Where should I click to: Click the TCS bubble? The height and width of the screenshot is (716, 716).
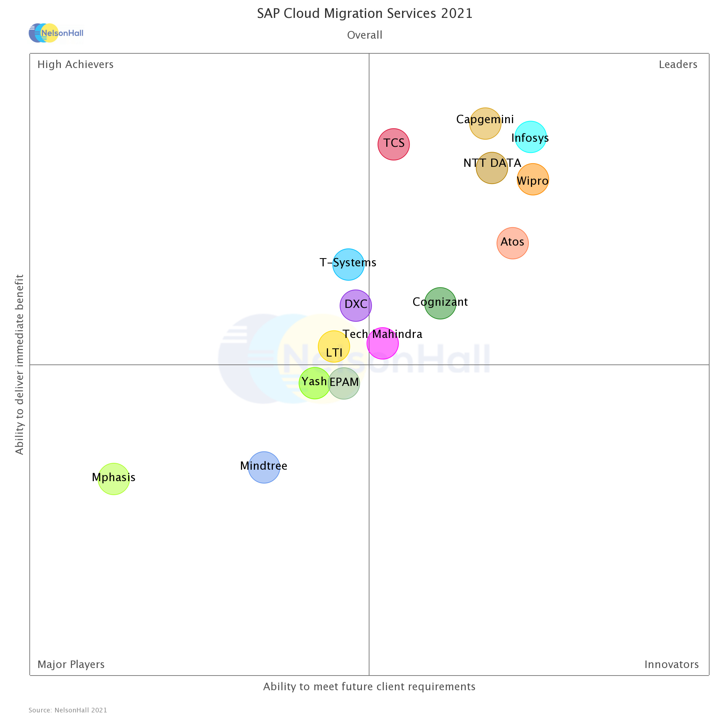[393, 145]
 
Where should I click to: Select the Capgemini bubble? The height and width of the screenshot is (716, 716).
[485, 124]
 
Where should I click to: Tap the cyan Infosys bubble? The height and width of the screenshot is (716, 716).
[531, 137]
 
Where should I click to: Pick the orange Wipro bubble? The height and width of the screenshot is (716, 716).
[533, 180]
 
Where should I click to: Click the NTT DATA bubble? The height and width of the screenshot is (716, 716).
[492, 168]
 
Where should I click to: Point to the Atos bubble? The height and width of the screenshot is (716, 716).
[513, 243]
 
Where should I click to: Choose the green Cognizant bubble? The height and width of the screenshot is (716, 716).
[440, 304]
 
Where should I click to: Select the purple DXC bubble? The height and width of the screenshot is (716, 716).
[356, 306]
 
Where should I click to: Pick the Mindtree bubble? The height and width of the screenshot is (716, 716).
[264, 468]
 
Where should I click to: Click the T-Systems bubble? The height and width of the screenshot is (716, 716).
[348, 265]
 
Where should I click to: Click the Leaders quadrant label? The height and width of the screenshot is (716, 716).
[678, 64]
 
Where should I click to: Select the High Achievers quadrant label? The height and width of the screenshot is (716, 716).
[76, 64]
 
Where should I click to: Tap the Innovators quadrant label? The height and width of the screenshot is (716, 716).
[672, 664]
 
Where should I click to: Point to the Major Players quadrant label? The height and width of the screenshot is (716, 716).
[71, 664]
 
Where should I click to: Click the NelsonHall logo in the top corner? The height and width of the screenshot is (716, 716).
[56, 33]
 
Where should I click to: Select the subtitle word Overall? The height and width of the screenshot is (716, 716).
[365, 35]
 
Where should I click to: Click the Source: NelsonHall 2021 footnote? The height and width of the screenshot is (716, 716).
[68, 710]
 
